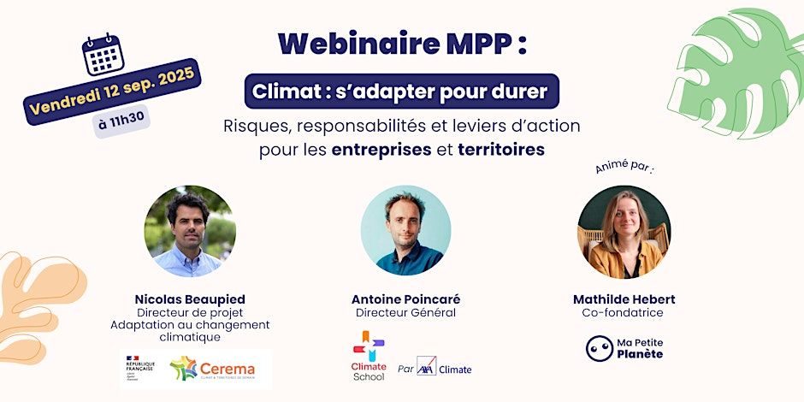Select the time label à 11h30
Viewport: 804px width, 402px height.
pyautogui.click(x=121, y=122)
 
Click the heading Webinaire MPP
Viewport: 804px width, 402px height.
pyautogui.click(x=401, y=44)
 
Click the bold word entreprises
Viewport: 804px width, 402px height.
pyautogui.click(x=381, y=150)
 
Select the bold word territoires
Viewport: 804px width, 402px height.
pyautogui.click(x=501, y=150)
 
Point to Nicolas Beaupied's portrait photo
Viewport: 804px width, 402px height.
pyautogui.click(x=190, y=231)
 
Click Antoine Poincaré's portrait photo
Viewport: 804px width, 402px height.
pyautogui.click(x=405, y=231)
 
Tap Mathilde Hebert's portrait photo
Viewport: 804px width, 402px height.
pyautogui.click(x=624, y=231)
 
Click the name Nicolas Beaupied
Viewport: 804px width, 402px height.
pyautogui.click(x=190, y=299)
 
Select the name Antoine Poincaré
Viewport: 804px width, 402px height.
pyautogui.click(x=405, y=299)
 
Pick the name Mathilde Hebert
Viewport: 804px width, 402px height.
pyautogui.click(x=624, y=299)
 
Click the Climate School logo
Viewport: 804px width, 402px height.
pyautogui.click(x=368, y=355)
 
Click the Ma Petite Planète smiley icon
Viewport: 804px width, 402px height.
pyautogui.click(x=599, y=348)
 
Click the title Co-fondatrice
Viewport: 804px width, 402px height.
pyautogui.click(x=624, y=313)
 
